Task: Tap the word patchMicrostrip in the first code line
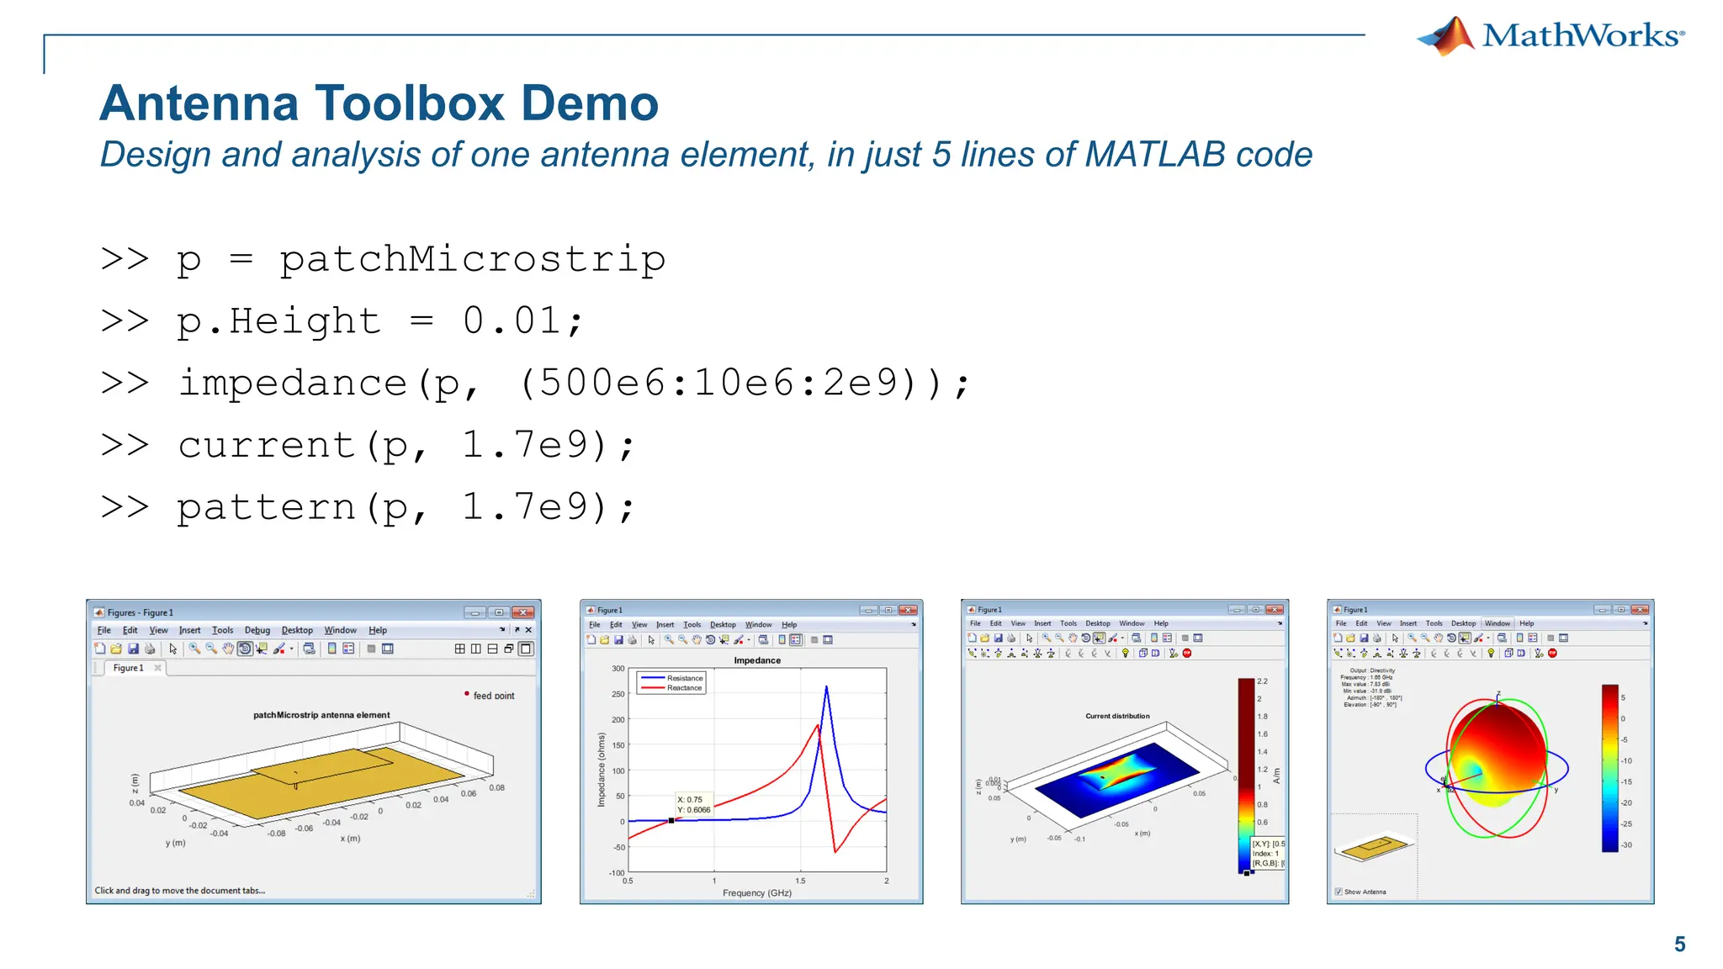[x=472, y=259]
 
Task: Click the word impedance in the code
[x=293, y=384]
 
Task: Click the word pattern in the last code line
[x=266, y=507]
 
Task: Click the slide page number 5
[x=1679, y=945]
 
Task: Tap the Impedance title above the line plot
[x=757, y=660]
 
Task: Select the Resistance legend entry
[x=684, y=678]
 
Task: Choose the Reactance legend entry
[x=684, y=688]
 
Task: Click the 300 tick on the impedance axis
[x=618, y=669]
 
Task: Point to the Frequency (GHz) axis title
[x=757, y=892]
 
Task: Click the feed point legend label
[x=493, y=696]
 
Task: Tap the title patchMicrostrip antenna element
[x=321, y=715]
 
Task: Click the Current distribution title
[x=1117, y=716]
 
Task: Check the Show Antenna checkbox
[x=1339, y=892]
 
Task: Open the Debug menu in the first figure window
[x=257, y=630]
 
